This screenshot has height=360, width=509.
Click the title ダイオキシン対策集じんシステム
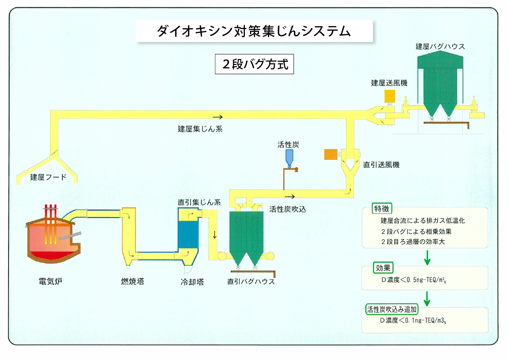pyautogui.click(x=254, y=32)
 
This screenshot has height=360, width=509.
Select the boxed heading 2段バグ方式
pyautogui.click(x=254, y=64)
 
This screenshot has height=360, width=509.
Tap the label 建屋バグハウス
pyautogui.click(x=441, y=46)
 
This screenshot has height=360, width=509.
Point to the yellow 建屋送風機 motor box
pyautogui.click(x=390, y=96)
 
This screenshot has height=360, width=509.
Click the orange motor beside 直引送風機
pyautogui.click(x=331, y=154)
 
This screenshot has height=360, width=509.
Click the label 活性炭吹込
pyautogui.click(x=288, y=210)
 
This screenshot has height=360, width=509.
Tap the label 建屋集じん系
pyautogui.click(x=200, y=128)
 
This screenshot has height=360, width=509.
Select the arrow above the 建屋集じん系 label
pyautogui.click(x=217, y=116)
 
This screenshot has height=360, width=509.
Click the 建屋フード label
pyautogui.click(x=48, y=177)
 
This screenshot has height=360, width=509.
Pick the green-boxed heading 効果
pyautogui.click(x=382, y=268)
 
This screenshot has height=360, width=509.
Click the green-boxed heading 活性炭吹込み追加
pyautogui.click(x=392, y=309)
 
